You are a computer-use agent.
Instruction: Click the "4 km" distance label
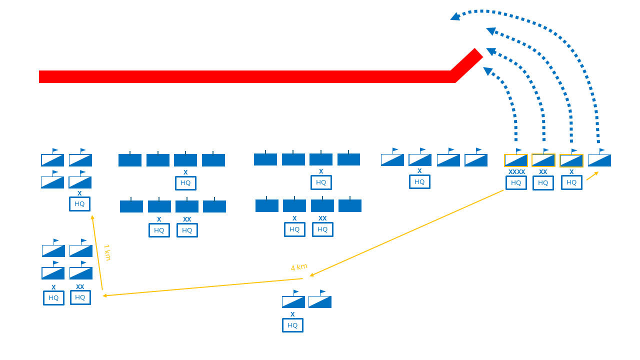(x=299, y=267)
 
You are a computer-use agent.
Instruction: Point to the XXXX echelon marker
(x=516, y=172)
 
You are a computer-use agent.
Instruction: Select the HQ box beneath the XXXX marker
(x=516, y=183)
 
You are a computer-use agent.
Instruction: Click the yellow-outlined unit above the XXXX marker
(x=516, y=160)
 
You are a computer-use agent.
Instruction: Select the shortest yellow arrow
(x=592, y=175)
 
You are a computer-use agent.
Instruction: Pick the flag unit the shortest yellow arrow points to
(x=599, y=160)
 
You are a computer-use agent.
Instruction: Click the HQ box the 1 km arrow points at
(x=79, y=204)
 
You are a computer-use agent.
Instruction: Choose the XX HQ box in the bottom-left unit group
(x=80, y=297)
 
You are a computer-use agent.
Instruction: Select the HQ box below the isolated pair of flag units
(x=292, y=325)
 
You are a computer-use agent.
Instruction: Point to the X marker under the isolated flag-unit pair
(x=292, y=314)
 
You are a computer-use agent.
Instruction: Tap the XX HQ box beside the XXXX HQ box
(x=543, y=183)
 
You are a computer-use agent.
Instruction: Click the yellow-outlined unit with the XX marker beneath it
(x=543, y=160)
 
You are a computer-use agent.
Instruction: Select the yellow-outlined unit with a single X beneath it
(x=571, y=160)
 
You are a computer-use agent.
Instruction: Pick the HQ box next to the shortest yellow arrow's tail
(x=571, y=182)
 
